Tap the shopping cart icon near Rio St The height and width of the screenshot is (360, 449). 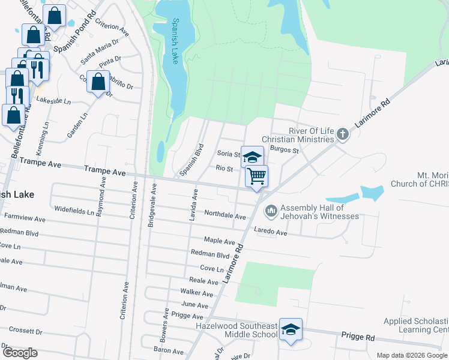(256, 176)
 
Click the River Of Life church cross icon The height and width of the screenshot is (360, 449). (343, 133)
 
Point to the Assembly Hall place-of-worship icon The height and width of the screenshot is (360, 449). (271, 210)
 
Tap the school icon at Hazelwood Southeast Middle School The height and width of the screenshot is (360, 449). (291, 329)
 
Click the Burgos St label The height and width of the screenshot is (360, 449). (284, 150)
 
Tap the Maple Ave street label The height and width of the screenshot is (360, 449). (219, 241)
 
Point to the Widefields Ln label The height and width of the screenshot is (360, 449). (74, 211)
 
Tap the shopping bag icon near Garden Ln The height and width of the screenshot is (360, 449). (98, 81)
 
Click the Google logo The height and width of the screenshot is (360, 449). (20, 353)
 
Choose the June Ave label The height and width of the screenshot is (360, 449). (194, 305)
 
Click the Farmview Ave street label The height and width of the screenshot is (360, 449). (25, 218)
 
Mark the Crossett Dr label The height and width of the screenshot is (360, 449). (25, 331)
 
